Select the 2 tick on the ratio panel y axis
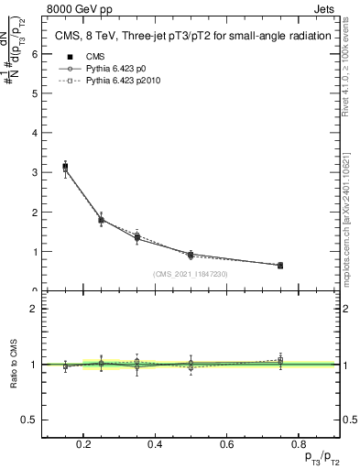coord(35,309)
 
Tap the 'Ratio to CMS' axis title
coord(13,365)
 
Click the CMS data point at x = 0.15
coord(65,168)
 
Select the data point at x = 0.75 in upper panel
coord(280,265)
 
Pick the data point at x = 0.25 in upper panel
coord(101,220)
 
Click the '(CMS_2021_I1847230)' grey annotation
coord(191,273)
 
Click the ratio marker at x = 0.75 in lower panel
coord(280,361)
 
